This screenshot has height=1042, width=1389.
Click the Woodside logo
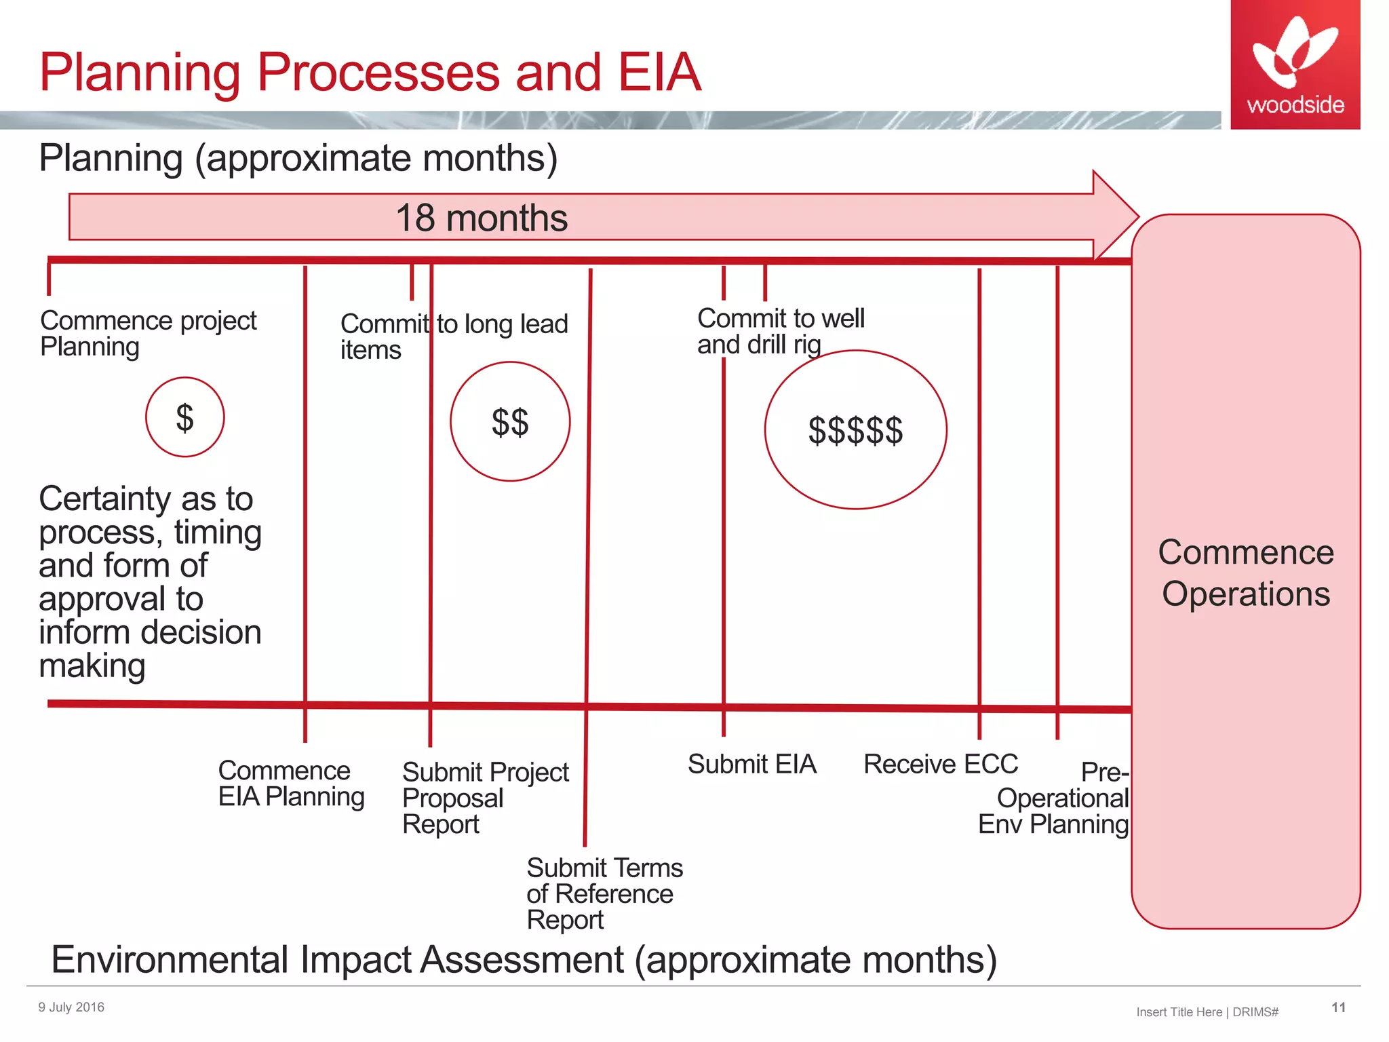click(x=1295, y=64)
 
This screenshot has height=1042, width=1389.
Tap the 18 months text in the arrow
click(x=482, y=218)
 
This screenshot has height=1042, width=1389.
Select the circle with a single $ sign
click(x=184, y=417)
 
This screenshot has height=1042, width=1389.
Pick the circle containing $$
click(x=510, y=422)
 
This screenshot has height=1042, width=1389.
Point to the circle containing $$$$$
click(x=855, y=430)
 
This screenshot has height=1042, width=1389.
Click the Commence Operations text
click(x=1245, y=573)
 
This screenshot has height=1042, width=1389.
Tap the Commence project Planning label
click(x=148, y=333)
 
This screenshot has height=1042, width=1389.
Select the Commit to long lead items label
click(x=453, y=336)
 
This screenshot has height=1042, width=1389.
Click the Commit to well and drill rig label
click(x=780, y=331)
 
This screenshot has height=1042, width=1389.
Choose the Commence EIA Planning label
click(x=290, y=784)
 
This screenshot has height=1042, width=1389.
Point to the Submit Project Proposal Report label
click(x=484, y=798)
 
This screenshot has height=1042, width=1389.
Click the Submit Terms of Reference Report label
click(x=604, y=893)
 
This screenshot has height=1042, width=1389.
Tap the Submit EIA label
click(x=751, y=764)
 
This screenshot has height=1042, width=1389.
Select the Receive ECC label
click(x=940, y=764)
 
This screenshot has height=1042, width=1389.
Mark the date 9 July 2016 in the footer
click(x=71, y=1007)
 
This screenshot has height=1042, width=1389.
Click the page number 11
click(x=1338, y=1007)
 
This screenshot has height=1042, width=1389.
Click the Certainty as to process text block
click(x=150, y=581)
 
